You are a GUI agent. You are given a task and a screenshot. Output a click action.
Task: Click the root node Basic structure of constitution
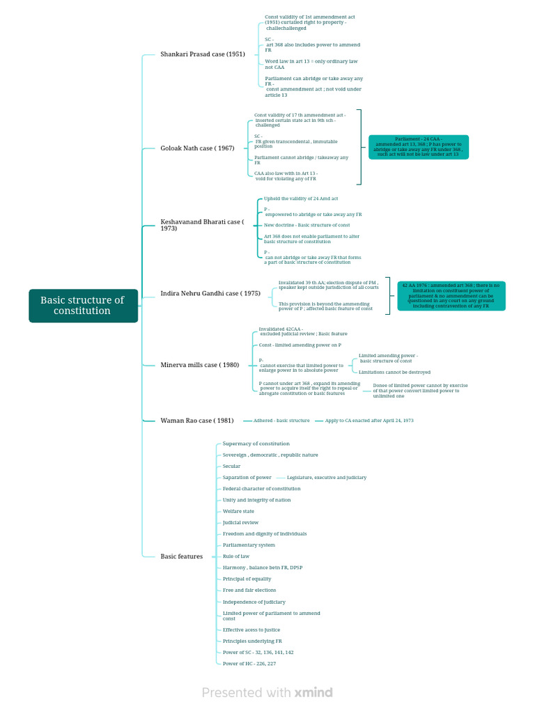tap(83, 306)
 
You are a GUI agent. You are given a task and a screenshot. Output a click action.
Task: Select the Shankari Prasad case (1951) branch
tap(203, 54)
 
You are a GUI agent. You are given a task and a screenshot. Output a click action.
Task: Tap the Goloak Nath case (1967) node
tap(198, 148)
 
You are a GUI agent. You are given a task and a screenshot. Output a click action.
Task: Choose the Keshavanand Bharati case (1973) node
tap(202, 225)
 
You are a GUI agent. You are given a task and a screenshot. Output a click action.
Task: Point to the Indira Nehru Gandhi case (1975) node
tap(210, 294)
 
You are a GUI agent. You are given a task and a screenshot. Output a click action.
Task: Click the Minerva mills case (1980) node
tap(199, 365)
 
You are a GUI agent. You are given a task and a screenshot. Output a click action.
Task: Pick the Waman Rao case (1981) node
tap(197, 421)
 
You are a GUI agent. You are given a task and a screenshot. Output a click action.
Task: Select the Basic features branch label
tap(182, 556)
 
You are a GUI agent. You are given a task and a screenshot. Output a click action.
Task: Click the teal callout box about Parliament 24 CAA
tap(418, 147)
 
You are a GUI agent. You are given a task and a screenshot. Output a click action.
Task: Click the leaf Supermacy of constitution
tap(256, 444)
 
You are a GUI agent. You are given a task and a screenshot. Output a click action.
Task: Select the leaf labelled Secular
tap(232, 467)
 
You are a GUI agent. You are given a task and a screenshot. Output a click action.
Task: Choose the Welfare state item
tap(238, 511)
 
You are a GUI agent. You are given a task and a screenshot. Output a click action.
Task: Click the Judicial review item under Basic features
tap(240, 522)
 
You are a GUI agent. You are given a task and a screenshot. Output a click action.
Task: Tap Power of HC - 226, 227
tap(249, 664)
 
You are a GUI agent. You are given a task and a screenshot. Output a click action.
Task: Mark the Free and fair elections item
tap(249, 590)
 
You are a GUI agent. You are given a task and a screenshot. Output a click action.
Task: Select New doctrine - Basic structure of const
tap(307, 225)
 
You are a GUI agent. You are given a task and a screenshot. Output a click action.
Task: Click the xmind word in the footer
tap(313, 692)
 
